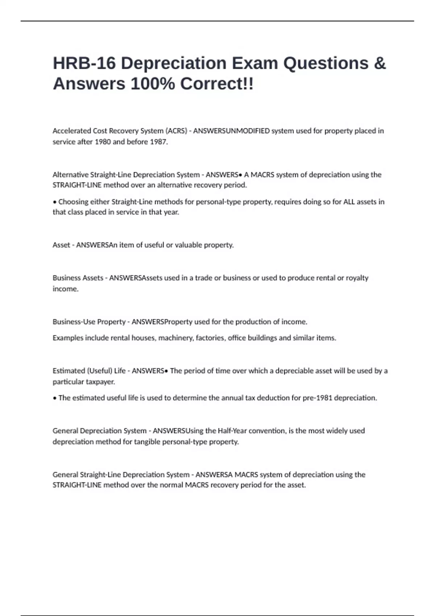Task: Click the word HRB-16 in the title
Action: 84,63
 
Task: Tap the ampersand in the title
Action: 380,63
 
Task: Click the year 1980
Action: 103,142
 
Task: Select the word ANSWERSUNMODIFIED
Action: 231,131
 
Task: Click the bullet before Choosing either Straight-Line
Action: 55,202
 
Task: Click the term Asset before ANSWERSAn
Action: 61,245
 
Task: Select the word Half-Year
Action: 232,431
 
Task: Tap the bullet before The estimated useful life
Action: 55,398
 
